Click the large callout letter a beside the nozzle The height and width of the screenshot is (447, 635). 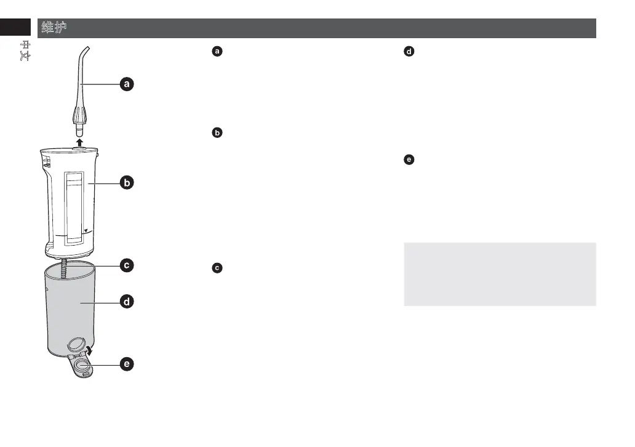[126, 84]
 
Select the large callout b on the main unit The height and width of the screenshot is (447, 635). [126, 183]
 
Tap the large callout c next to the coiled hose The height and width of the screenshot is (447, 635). [126, 266]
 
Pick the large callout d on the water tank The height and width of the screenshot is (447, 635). [126, 302]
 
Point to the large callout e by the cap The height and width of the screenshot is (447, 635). [126, 365]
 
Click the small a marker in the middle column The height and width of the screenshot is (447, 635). [216, 52]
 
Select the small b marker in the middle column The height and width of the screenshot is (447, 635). [216, 132]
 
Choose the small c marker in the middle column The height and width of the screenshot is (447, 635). [216, 268]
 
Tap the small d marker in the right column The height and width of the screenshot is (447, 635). [407, 52]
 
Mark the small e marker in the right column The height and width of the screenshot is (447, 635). [407, 160]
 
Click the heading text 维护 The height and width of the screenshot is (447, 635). [54, 28]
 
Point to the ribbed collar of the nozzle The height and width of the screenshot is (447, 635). [79, 115]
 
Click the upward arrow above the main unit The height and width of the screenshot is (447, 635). [79, 142]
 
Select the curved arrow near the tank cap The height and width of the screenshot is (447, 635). [90, 350]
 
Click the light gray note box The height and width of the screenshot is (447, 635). [500, 274]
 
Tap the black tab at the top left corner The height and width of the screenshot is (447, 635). [15, 28]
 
